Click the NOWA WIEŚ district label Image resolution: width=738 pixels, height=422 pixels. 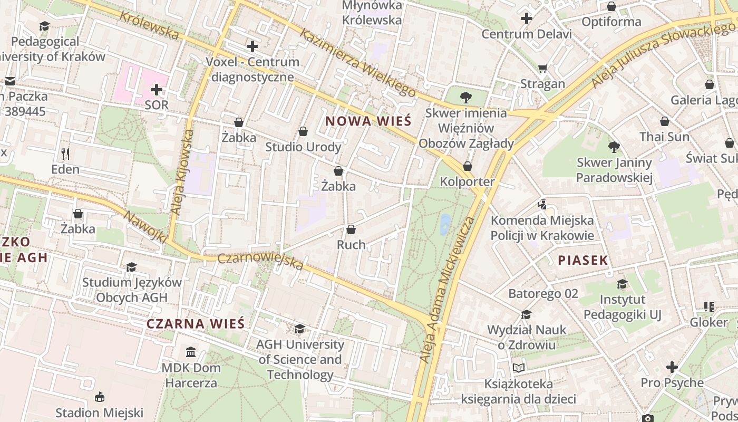pos(367,121)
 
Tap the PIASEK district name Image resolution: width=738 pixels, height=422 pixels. pos(582,260)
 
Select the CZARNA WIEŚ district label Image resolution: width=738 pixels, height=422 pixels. pos(196,323)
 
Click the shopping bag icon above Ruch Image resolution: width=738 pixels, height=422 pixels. pos(351,229)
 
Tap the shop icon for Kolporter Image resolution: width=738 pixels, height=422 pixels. pos(467,167)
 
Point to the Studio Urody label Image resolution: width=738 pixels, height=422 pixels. pos(303,147)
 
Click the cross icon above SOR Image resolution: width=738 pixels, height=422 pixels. pos(157,90)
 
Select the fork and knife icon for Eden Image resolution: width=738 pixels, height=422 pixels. pos(65,154)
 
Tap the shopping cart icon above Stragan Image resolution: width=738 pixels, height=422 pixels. pos(542,69)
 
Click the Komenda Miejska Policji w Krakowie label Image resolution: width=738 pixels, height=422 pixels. pos(542,228)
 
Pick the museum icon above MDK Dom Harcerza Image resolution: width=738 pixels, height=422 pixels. pos(191,352)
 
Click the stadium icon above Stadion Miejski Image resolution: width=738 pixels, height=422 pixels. pos(99,397)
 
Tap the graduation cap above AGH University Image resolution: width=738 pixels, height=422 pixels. pos(299,329)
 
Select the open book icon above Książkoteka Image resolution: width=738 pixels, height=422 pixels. pos(519,368)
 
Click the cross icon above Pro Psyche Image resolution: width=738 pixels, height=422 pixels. pos(672,367)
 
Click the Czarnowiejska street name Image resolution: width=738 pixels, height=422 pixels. pos(260,261)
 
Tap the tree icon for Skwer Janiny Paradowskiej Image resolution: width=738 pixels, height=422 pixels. pos(614,147)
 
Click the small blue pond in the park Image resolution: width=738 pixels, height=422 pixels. pos(445,224)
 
